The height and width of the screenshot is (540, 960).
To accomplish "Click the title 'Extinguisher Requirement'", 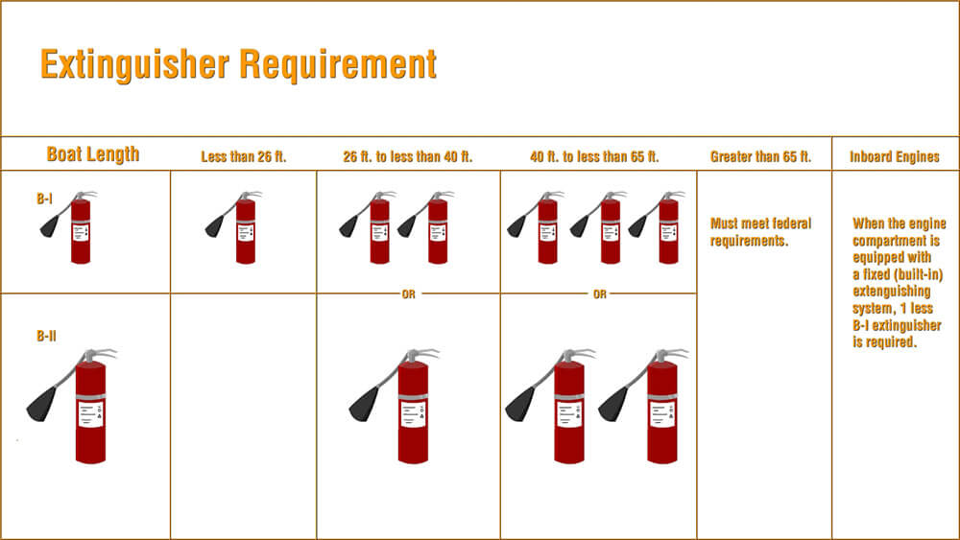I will pyautogui.click(x=238, y=65).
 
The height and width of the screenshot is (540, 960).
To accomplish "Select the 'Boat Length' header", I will pyautogui.click(x=93, y=154).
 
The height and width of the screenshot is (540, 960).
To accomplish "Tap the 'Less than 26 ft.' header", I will pyautogui.click(x=244, y=157).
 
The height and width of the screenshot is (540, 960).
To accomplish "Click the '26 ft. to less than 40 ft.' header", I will pyautogui.click(x=408, y=157).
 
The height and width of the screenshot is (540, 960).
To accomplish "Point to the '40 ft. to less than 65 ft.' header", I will pyautogui.click(x=594, y=157).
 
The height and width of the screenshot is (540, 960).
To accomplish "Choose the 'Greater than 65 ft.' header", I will pyautogui.click(x=760, y=157).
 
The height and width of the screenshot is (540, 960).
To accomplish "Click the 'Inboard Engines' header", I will pyautogui.click(x=895, y=157).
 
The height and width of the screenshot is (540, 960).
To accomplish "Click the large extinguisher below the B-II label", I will pyautogui.click(x=90, y=408).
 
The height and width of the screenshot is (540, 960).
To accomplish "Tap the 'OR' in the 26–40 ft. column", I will pyautogui.click(x=408, y=294).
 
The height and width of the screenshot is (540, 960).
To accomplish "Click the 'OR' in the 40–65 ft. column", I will pyautogui.click(x=599, y=294).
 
